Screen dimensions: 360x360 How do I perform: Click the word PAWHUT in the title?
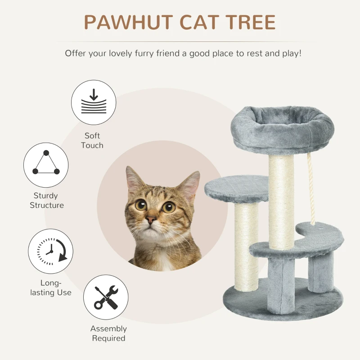[128, 22]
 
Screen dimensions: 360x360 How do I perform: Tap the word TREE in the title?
[252, 22]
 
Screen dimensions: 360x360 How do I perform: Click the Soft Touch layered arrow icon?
[94, 103]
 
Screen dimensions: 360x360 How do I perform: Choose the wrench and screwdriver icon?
[106, 298]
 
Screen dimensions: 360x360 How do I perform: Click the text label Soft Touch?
[92, 140]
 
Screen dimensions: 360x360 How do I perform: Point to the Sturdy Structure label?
[47, 200]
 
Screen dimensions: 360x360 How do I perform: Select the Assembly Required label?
[108, 333]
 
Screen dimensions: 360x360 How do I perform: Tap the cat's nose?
[150, 221]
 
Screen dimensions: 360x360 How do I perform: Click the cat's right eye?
[169, 207]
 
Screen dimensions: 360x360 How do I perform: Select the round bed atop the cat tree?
[282, 126]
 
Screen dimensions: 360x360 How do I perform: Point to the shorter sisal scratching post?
[246, 243]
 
